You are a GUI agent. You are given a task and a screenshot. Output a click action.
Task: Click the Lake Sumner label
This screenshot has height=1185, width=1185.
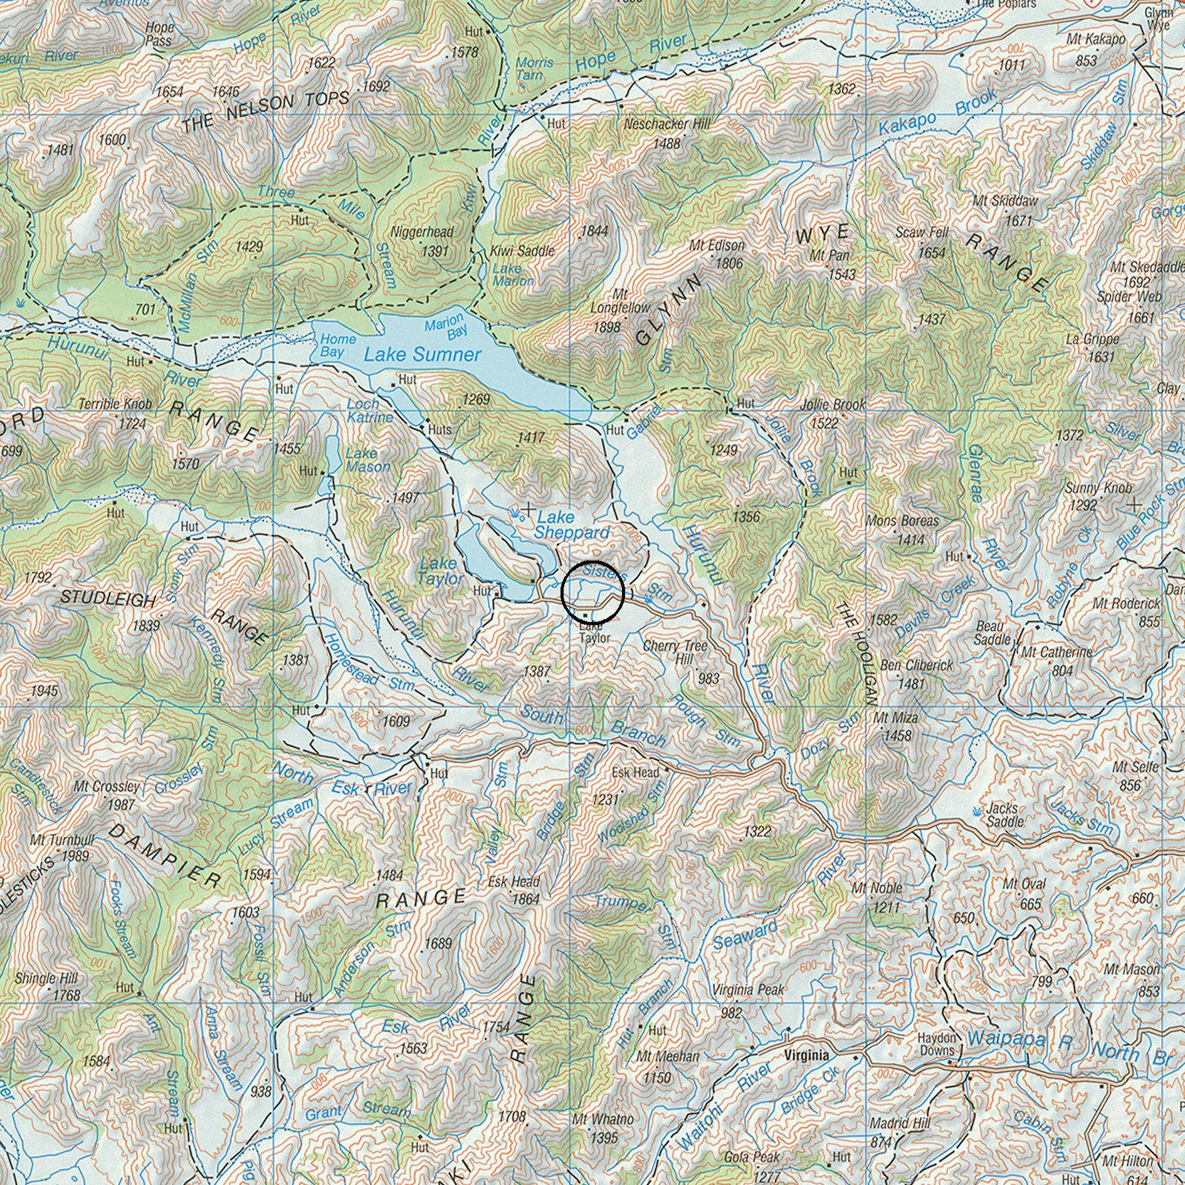point(422,355)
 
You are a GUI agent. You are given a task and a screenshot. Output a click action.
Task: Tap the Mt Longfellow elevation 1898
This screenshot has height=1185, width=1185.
point(606,327)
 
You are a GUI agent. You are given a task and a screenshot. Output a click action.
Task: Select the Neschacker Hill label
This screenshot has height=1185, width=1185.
point(666,124)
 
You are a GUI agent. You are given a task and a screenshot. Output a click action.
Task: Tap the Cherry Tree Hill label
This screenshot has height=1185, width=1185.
point(675,653)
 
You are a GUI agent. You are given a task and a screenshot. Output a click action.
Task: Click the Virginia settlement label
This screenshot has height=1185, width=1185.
point(806,1055)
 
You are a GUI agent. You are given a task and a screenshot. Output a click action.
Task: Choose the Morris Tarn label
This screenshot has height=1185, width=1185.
point(534,68)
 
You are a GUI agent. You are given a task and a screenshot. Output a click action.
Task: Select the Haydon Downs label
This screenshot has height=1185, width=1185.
point(937,1044)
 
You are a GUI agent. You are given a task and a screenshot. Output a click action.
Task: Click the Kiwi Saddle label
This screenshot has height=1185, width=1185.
point(522,251)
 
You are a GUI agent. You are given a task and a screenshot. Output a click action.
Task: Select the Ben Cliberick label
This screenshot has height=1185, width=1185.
point(916,665)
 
